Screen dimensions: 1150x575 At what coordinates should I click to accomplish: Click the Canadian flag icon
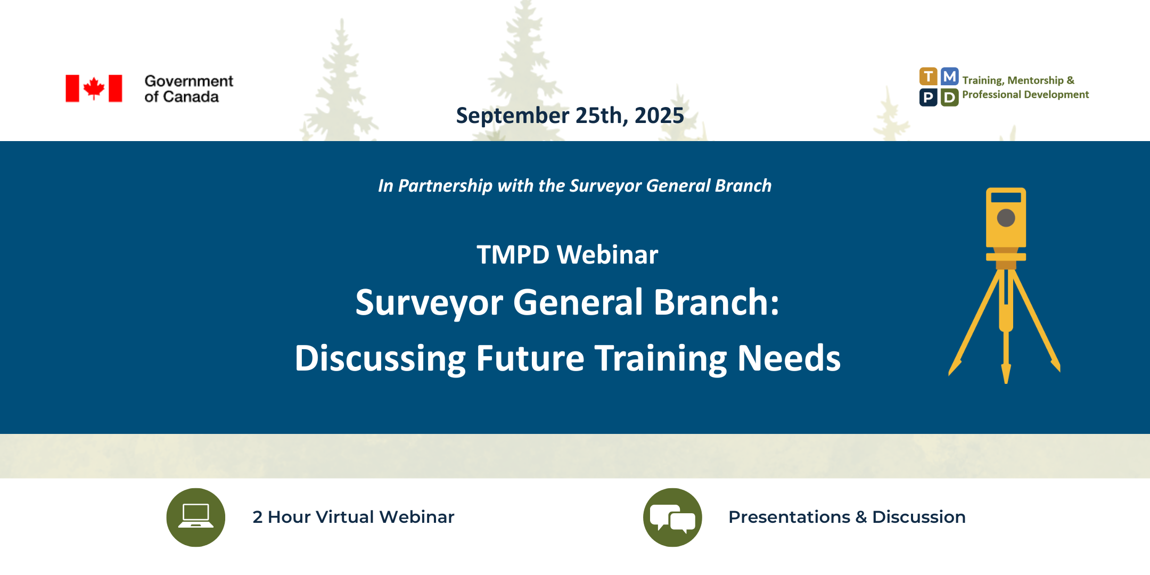[94, 88]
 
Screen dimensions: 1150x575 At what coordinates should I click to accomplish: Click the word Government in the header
[189, 81]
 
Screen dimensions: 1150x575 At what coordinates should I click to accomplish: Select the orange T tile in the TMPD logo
[928, 77]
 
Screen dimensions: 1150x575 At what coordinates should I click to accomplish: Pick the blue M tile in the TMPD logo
[950, 77]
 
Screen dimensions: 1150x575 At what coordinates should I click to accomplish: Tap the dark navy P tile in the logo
[928, 97]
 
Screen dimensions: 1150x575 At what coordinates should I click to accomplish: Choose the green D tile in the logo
[950, 97]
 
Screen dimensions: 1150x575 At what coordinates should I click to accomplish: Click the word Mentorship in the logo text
[1036, 80]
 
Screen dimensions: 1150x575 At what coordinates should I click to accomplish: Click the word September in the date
[513, 116]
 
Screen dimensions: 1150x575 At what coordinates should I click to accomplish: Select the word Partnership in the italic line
[445, 186]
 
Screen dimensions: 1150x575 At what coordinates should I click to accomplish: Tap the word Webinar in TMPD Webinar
[607, 254]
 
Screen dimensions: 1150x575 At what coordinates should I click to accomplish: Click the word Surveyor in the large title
[429, 303]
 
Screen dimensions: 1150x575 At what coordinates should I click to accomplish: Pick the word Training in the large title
[661, 359]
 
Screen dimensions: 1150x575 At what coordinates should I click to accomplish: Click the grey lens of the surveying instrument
[1006, 218]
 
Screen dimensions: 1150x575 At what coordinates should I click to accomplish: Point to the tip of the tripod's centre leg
[1006, 382]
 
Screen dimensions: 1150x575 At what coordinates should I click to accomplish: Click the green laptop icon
[196, 517]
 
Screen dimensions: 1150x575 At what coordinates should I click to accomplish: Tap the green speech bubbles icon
[672, 517]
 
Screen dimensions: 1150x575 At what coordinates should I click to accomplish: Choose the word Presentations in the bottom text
[789, 517]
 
